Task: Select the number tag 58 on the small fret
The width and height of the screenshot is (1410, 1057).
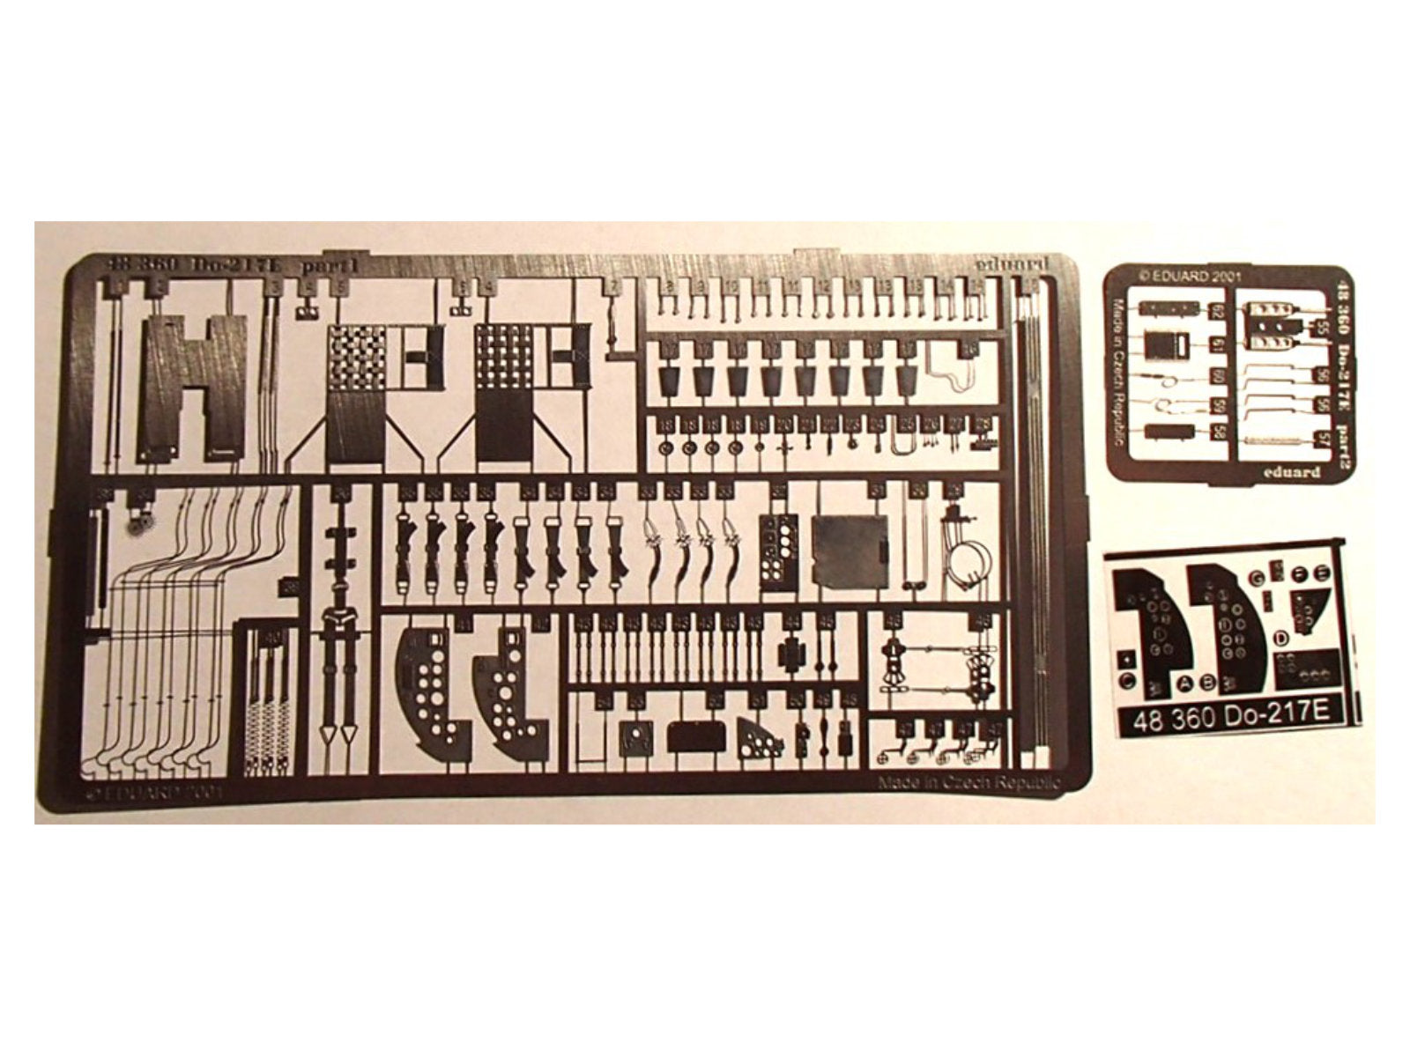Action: point(1218,432)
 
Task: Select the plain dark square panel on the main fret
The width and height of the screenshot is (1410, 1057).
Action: point(847,551)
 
